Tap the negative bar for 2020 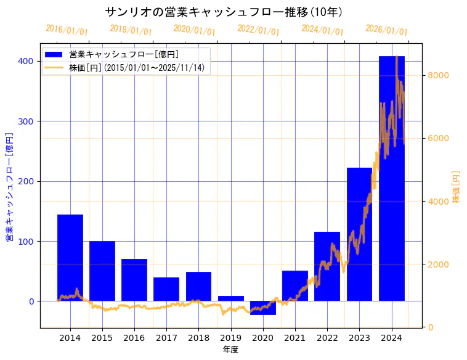[x=263, y=308]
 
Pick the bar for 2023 [x=359, y=234]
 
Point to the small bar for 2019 [x=231, y=298]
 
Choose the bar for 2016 [x=134, y=280]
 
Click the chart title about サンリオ [x=224, y=12]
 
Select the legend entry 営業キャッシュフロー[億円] [x=124, y=55]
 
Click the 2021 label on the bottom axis [x=295, y=338]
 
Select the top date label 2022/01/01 [x=259, y=30]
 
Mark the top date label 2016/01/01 [x=67, y=30]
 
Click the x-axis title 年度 [x=230, y=350]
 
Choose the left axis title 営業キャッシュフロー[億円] [x=9, y=187]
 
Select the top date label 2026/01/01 [x=387, y=30]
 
